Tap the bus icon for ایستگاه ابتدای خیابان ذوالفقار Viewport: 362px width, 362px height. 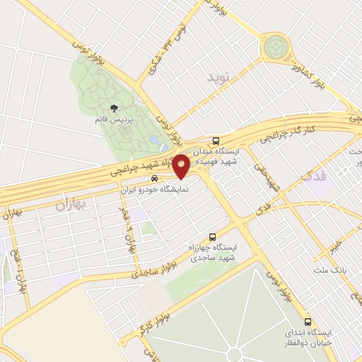coord(308,320)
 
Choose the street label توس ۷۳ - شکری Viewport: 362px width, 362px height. coord(157,53)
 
